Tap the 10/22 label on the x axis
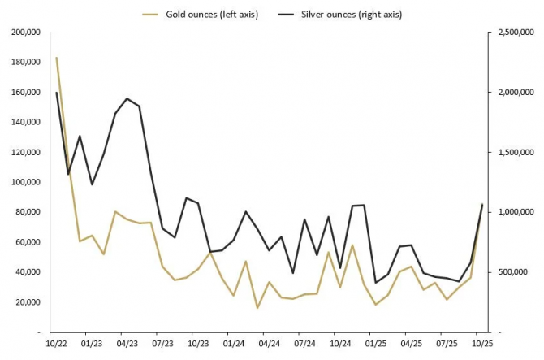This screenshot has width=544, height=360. coord(56,345)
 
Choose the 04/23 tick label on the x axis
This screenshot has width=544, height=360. coord(127,345)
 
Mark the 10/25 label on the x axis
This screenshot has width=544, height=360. coord(481,345)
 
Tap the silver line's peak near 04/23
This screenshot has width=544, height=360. coord(127,98)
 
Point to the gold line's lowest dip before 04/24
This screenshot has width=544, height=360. coord(257,308)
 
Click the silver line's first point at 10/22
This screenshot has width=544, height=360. coord(56,93)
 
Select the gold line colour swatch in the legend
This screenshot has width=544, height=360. coord(151,15)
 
